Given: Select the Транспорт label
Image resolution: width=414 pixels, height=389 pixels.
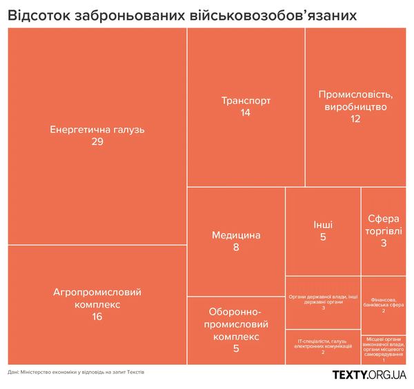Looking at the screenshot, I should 246,101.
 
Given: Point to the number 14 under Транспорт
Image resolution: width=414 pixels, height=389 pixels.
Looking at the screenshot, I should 246,112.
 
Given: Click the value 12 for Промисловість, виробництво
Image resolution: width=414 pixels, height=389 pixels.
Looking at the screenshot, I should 355,119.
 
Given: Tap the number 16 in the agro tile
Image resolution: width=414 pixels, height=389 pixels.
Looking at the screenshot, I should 97,316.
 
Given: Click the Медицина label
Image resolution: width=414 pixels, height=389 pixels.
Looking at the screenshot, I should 236,235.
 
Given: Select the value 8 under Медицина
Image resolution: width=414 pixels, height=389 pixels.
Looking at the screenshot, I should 236,247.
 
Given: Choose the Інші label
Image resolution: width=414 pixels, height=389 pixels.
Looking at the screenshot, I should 322,225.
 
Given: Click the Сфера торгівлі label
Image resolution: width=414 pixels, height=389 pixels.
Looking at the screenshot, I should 384,225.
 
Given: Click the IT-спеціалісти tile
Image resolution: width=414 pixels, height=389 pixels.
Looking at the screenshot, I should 322,346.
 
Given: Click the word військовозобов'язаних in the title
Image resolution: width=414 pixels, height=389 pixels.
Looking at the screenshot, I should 283,15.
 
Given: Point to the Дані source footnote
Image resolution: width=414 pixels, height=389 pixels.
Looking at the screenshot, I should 76,372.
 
